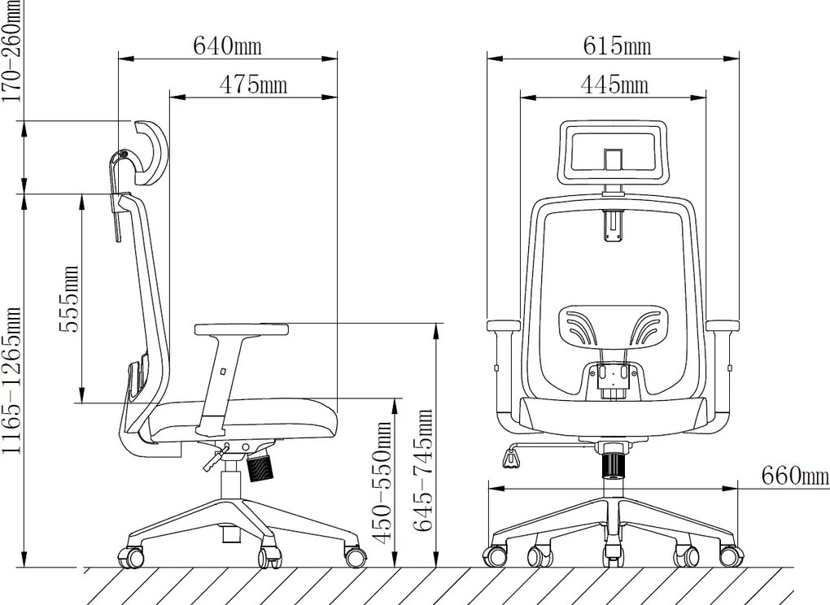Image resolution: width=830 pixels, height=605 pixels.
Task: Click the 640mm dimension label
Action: tap(227, 46)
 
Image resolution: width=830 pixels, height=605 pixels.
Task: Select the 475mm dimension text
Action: tap(253, 85)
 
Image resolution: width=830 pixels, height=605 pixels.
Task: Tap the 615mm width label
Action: tap(617, 46)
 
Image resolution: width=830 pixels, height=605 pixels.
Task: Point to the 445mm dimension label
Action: tap(614, 85)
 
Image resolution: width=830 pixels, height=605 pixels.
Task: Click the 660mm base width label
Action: tap(795, 475)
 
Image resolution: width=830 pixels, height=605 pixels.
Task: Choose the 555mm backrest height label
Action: tap(68, 298)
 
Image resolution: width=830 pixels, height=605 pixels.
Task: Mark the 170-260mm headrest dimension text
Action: tap(11, 51)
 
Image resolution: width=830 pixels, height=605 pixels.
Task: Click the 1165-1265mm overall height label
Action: tap(11, 381)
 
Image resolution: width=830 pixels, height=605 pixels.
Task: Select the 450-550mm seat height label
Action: tap(382, 481)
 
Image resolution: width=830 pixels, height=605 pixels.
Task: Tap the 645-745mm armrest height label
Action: tap(422, 470)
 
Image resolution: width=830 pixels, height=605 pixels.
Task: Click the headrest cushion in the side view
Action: tap(151, 152)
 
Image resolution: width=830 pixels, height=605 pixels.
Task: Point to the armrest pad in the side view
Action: tap(242, 329)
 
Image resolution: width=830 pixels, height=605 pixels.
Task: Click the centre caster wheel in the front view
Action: tap(613, 556)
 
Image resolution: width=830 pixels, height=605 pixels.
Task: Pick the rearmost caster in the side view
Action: tap(129, 557)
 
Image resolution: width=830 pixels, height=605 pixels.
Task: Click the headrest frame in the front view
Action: tap(613, 152)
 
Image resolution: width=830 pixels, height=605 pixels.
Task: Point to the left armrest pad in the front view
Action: tap(505, 326)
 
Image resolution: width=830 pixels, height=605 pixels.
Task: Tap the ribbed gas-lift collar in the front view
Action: tap(614, 464)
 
